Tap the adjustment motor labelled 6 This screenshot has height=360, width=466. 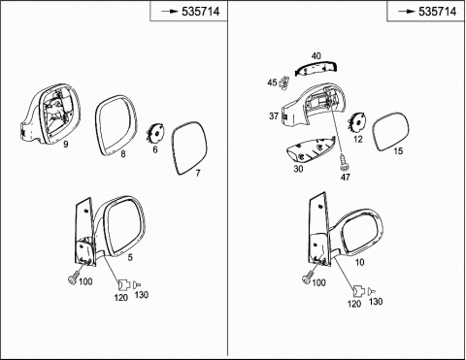point(155,133)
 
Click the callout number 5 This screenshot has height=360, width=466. point(130,257)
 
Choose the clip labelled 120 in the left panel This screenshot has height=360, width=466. point(123,285)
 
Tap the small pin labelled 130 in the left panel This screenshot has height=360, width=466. point(137,285)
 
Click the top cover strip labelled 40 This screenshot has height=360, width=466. point(316,69)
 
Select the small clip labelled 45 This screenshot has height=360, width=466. point(284,82)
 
